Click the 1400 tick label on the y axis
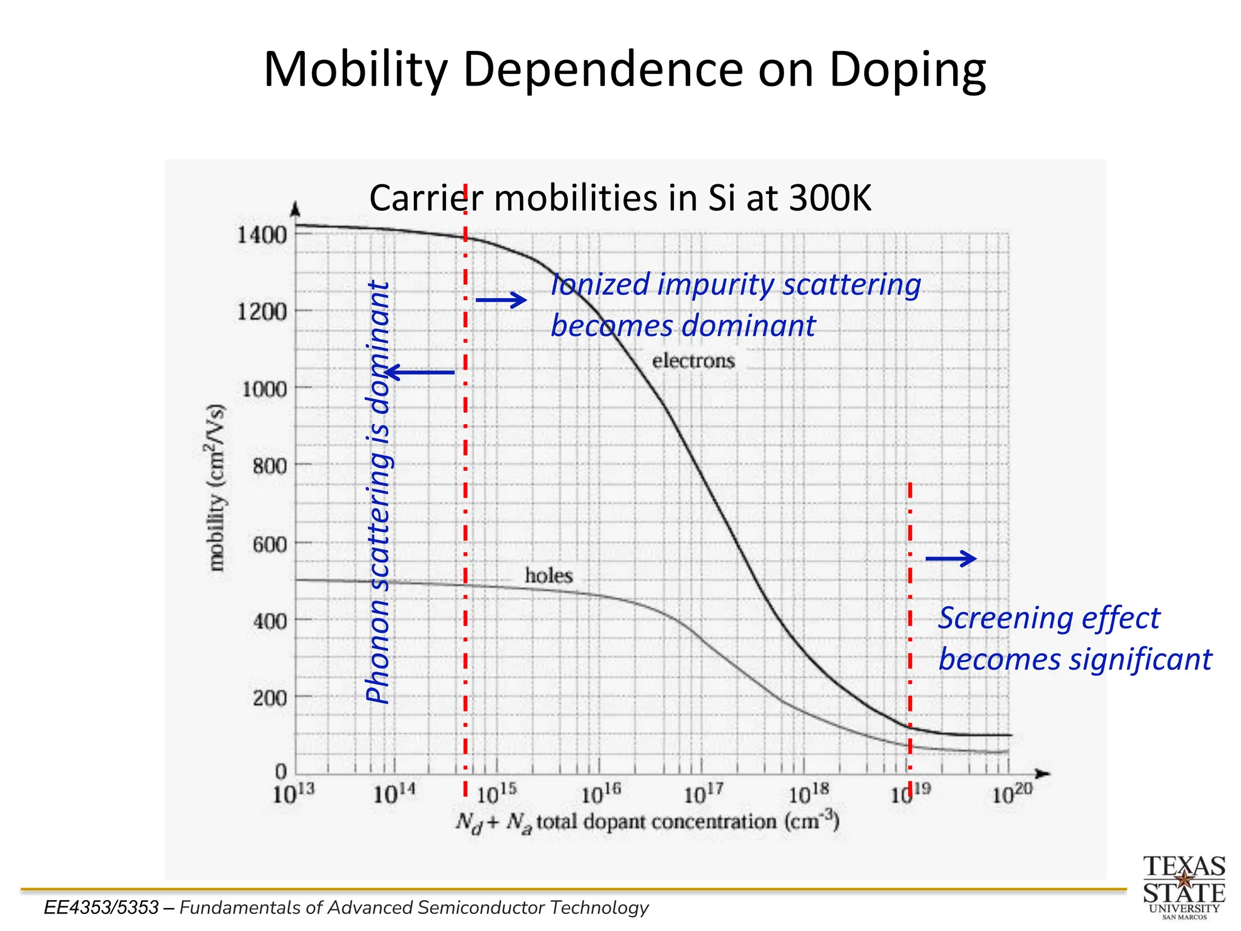pyautogui.click(x=261, y=235)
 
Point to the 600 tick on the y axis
pyautogui.click(x=270, y=544)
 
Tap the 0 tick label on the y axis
pyautogui.click(x=281, y=772)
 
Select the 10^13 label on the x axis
pyautogui.click(x=293, y=793)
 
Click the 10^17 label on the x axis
pyautogui.click(x=703, y=793)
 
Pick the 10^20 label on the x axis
pyautogui.click(x=1011, y=793)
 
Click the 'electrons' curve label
pyautogui.click(x=693, y=361)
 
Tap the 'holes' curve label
pyautogui.click(x=548, y=575)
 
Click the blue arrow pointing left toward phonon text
pyautogui.click(x=420, y=372)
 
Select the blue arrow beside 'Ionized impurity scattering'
pyautogui.click(x=501, y=299)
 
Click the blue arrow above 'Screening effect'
pyautogui.click(x=951, y=558)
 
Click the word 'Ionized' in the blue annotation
pyautogui.click(x=600, y=284)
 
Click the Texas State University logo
pyautogui.click(x=1183, y=886)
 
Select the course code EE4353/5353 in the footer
pyautogui.click(x=101, y=907)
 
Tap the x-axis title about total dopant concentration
pyautogui.click(x=647, y=823)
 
